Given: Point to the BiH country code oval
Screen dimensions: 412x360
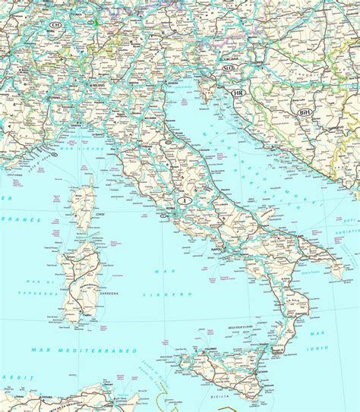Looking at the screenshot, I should coord(305,112).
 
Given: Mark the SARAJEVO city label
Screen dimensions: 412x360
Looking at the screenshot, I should coord(337,129).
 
